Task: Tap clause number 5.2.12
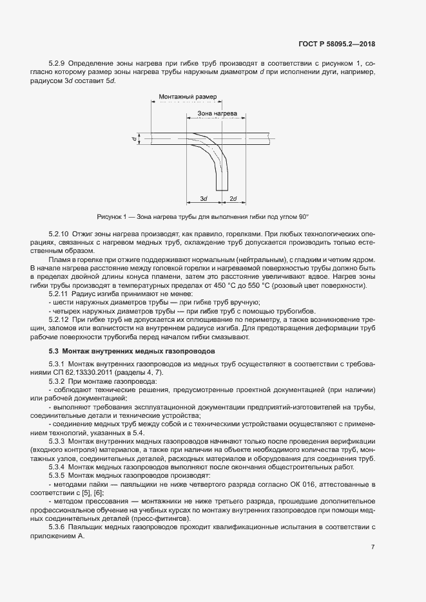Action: point(61,319)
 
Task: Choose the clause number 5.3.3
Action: point(59,441)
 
